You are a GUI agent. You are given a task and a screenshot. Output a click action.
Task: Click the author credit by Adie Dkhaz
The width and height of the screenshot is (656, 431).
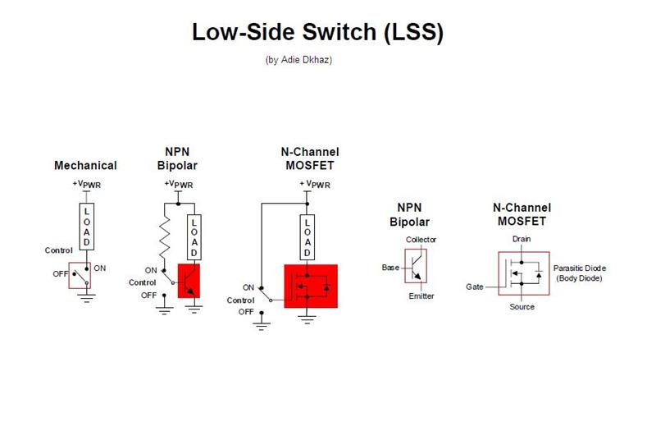click(x=298, y=59)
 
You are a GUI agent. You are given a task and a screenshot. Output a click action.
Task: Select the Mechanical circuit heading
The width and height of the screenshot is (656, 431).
click(x=85, y=166)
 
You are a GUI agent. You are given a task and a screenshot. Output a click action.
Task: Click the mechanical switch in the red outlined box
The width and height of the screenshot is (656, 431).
click(x=80, y=275)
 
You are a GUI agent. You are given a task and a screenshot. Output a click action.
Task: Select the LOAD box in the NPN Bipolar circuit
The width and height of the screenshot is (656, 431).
click(x=194, y=236)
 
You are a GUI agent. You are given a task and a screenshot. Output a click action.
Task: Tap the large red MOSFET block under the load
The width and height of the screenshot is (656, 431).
click(x=311, y=287)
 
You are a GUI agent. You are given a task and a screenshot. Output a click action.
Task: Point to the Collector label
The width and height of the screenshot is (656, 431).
click(x=421, y=240)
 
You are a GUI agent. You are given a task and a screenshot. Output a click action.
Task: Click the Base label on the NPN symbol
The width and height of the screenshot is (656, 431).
click(x=390, y=268)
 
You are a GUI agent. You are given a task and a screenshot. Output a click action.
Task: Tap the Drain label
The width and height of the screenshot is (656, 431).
click(x=522, y=239)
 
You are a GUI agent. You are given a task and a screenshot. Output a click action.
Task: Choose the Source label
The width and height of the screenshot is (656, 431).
click(x=522, y=307)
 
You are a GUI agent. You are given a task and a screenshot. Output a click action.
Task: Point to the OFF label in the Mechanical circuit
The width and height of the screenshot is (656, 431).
click(x=61, y=274)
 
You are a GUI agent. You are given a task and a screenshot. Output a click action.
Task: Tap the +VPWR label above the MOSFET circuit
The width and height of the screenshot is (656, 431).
click(x=314, y=184)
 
